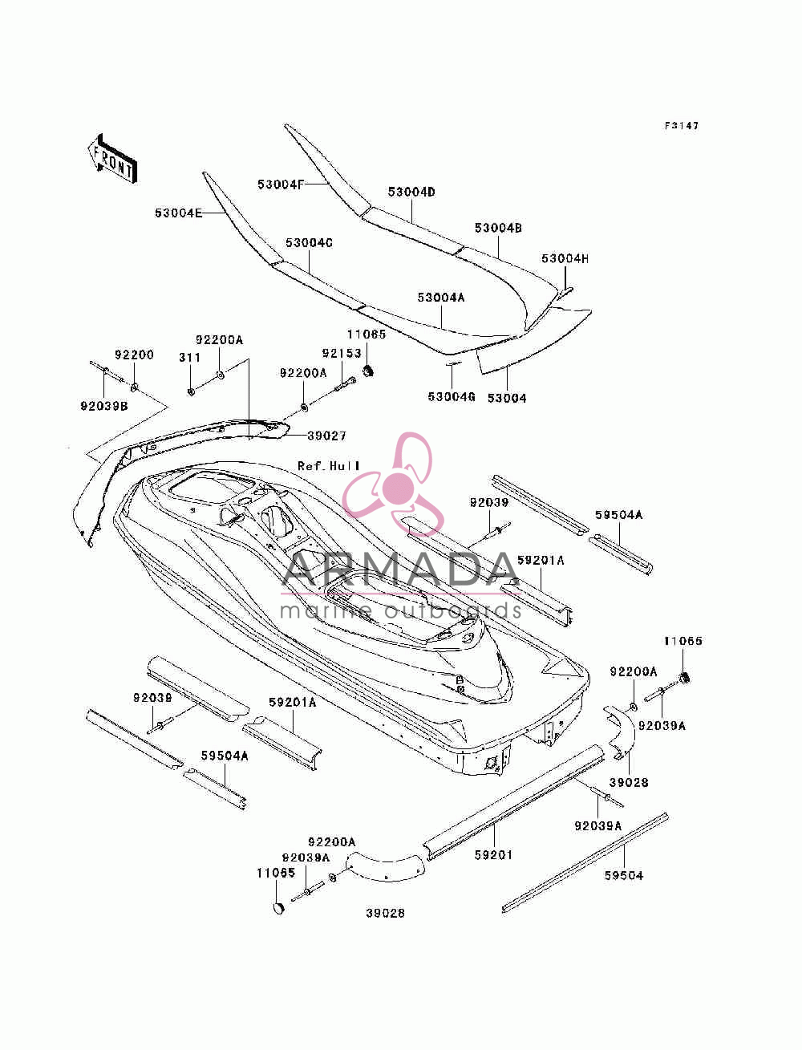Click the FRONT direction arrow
[113, 158]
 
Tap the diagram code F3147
[681, 126]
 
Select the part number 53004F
[281, 184]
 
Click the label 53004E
[178, 213]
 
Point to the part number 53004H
[565, 259]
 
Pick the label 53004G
[451, 397]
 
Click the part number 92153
[341, 354]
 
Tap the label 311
[189, 357]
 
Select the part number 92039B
[103, 406]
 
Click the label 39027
[326, 436]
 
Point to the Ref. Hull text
[329, 465]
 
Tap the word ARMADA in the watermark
[400, 570]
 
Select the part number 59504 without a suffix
[624, 875]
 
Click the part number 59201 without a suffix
[493, 854]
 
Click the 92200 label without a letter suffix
[134, 355]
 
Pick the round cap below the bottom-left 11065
[278, 906]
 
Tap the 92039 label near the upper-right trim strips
[488, 503]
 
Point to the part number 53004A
[441, 298]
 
